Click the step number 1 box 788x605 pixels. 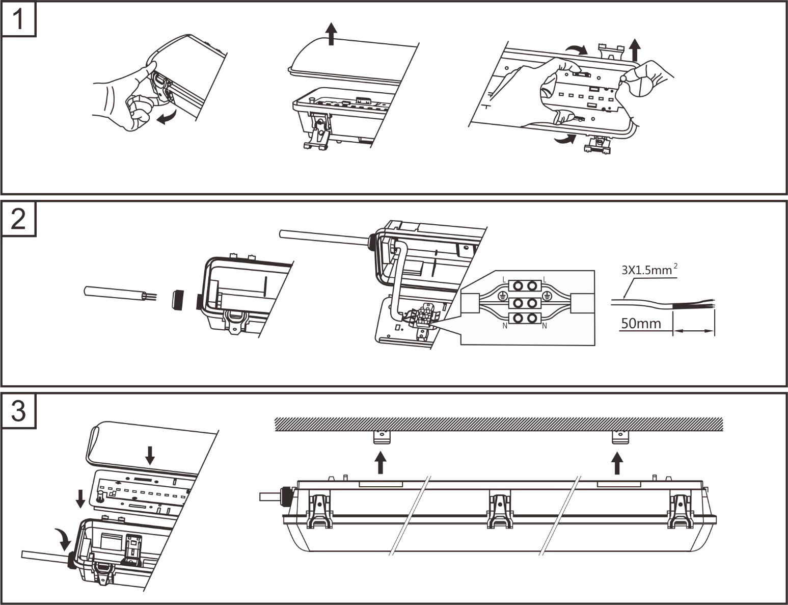(x=19, y=20)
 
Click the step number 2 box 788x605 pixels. (x=19, y=220)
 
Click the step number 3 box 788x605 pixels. (x=19, y=411)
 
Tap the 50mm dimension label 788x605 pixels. (x=640, y=325)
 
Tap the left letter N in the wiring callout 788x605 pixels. (x=504, y=325)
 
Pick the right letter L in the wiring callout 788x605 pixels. (x=545, y=279)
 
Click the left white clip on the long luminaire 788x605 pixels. (x=320, y=511)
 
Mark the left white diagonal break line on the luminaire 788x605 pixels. (x=410, y=515)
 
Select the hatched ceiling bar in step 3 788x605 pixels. (x=499, y=424)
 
